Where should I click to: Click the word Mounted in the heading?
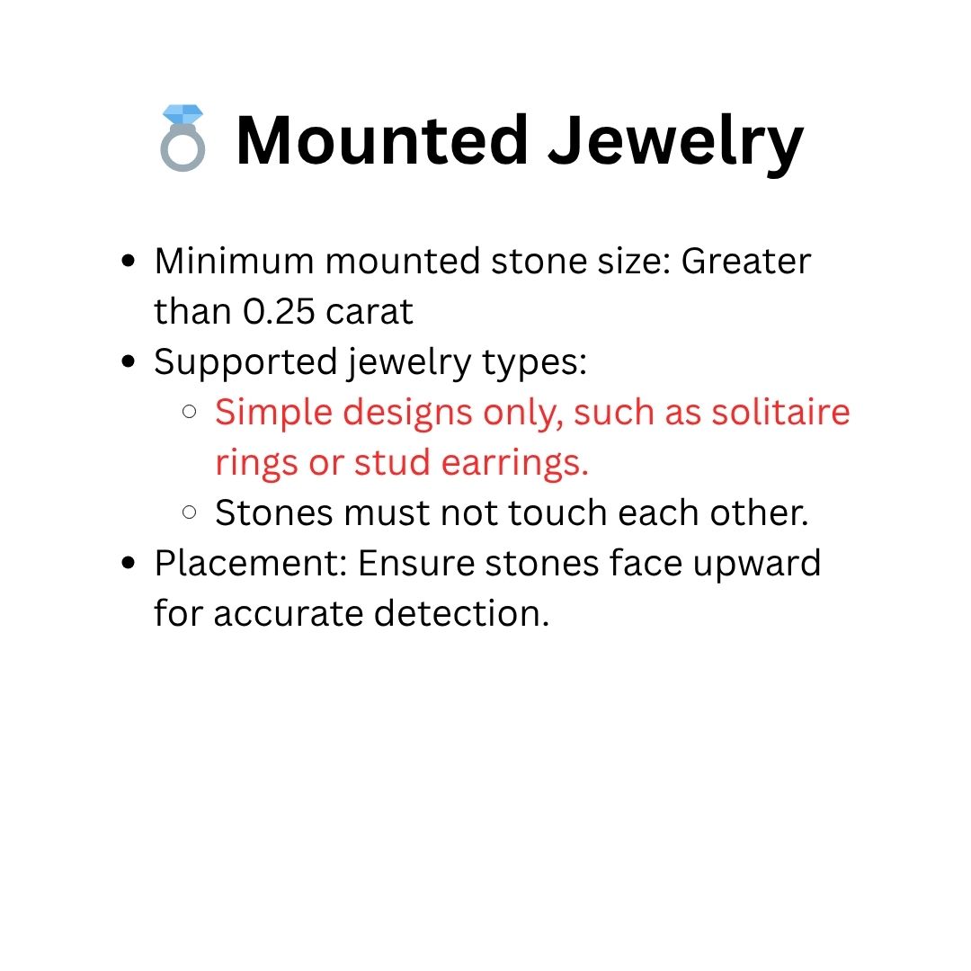tap(381, 140)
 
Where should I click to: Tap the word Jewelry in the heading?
tap(675, 144)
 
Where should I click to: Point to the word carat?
tap(370, 311)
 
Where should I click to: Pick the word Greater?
tap(745, 261)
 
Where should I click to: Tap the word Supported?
tap(245, 363)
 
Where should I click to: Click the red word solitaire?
tap(780, 412)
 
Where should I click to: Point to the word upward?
tap(757, 565)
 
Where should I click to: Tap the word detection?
tap(461, 613)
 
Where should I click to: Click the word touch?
tap(557, 512)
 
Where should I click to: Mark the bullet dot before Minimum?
tap(129, 261)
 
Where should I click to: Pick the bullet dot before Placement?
tap(129, 563)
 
